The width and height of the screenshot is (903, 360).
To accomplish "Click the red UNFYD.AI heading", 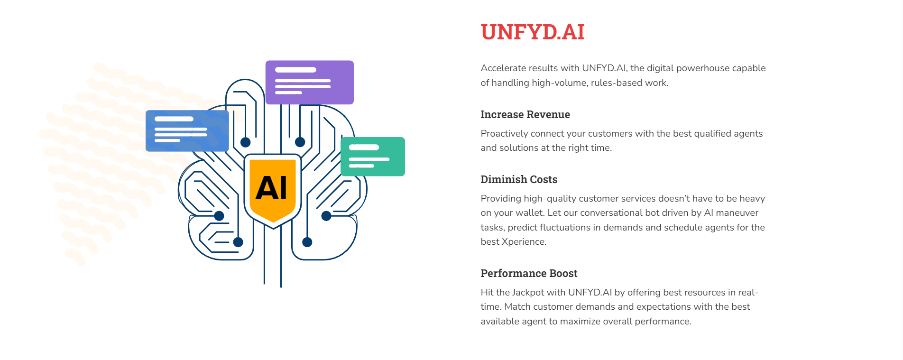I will pyautogui.click(x=532, y=32).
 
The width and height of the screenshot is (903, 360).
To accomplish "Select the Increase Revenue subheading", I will pyautogui.click(x=525, y=114).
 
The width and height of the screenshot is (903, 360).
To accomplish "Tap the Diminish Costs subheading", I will pyautogui.click(x=519, y=179).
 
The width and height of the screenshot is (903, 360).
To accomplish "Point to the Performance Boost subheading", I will pyautogui.click(x=529, y=273).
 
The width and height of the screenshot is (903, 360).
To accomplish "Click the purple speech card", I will pyautogui.click(x=309, y=82).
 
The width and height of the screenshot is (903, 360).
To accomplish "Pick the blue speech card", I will pyautogui.click(x=187, y=131).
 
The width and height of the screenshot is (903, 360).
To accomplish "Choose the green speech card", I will pyautogui.click(x=373, y=157).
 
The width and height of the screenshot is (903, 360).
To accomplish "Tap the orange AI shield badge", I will pyautogui.click(x=273, y=190).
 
